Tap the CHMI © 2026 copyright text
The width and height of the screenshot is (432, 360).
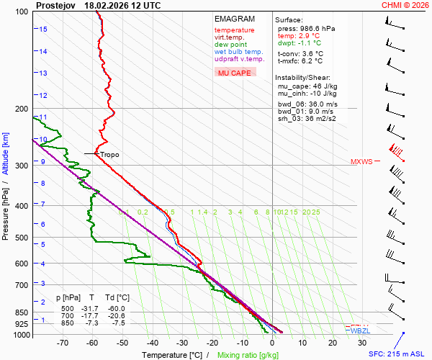pyautogui.click(x=405, y=5)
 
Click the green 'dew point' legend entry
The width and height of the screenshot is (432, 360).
pyautogui.click(x=230, y=45)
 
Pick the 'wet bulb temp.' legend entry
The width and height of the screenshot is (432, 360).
pyautogui.click(x=239, y=52)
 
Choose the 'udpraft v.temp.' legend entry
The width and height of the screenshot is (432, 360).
pyautogui.click(x=240, y=59)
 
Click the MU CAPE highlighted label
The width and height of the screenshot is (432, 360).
pyautogui.click(x=234, y=73)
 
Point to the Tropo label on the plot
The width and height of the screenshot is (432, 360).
pyautogui.click(x=109, y=155)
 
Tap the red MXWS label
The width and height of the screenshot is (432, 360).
pyautogui.click(x=361, y=162)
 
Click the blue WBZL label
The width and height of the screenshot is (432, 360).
pyautogui.click(x=361, y=330)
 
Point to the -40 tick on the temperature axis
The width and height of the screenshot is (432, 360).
pyautogui.click(x=152, y=343)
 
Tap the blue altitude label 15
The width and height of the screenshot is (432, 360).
pyautogui.click(x=43, y=30)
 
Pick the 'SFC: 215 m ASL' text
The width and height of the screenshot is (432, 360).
pyautogui.click(x=399, y=354)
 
